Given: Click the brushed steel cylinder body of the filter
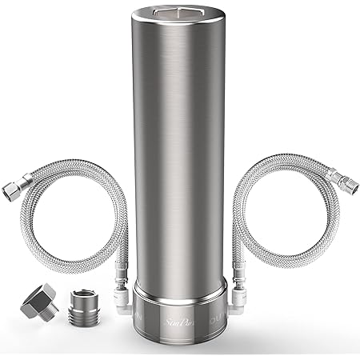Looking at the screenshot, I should click(179, 160).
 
